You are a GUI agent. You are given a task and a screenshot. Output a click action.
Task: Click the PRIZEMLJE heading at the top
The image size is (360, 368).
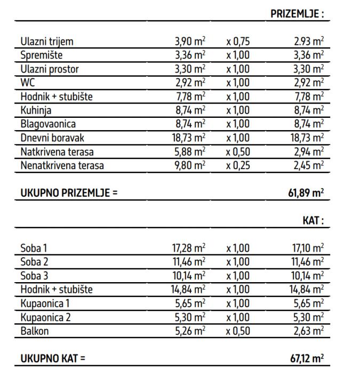(x=297, y=14)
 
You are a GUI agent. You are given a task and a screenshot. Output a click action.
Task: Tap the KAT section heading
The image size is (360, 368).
(x=313, y=221)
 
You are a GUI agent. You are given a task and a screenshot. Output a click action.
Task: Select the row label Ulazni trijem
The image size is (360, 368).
(x=47, y=42)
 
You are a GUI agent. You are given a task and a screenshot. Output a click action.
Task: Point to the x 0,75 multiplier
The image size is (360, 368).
(x=237, y=42)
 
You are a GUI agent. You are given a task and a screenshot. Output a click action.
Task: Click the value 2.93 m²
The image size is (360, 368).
(x=309, y=42)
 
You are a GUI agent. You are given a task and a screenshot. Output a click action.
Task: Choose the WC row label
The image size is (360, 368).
(x=27, y=83)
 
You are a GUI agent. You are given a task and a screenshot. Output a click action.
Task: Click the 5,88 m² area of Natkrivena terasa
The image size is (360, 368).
(x=190, y=152)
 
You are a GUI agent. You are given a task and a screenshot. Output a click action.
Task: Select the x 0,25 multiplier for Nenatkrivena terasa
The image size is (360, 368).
(x=237, y=166)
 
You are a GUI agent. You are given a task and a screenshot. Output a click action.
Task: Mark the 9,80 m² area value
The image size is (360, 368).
(x=190, y=166)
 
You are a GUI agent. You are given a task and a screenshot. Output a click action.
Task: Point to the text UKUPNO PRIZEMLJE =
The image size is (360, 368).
(x=69, y=194)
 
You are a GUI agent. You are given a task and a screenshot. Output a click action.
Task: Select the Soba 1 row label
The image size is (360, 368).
(x=34, y=248)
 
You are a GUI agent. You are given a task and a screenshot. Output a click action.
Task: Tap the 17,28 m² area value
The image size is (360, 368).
(x=188, y=248)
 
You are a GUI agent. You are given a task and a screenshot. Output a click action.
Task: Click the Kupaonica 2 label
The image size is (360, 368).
(x=46, y=317)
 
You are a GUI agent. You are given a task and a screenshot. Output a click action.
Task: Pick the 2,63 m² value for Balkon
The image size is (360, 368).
(x=309, y=331)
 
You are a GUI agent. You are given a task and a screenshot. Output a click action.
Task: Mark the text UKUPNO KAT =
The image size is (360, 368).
(x=53, y=358)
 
